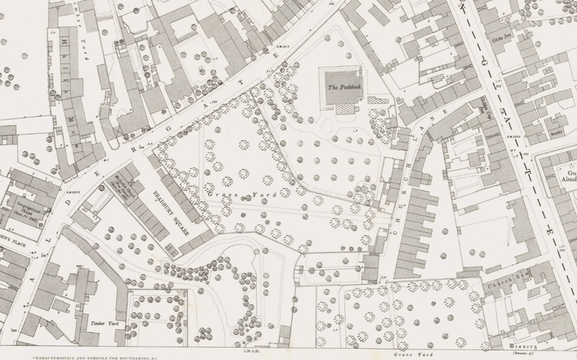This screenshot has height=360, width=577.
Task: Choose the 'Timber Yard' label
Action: [106, 324]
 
